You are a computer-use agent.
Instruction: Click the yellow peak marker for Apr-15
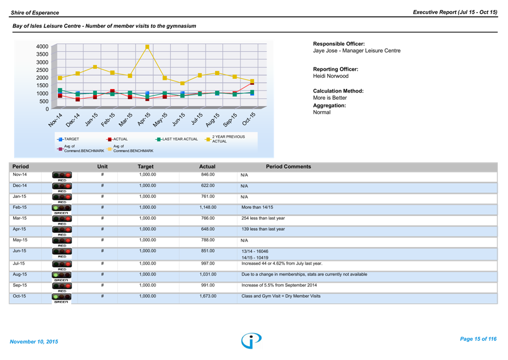[147, 47]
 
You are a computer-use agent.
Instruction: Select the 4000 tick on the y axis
[42, 47]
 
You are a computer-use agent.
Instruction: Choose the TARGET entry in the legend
[69, 139]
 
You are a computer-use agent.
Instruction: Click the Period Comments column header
[288, 167]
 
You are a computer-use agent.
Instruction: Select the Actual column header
[207, 167]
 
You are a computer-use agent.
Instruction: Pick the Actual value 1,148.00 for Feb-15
[207, 208]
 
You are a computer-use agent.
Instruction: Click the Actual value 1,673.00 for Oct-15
[207, 296]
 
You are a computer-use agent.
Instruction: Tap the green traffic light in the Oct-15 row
[55, 296]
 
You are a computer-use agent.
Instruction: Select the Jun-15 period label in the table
[20, 251]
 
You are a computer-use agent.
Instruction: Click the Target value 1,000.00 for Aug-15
[147, 274]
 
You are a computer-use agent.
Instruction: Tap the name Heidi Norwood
[331, 76]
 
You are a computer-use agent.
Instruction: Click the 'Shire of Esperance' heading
[34, 12]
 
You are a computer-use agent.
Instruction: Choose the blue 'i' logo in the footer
[251, 340]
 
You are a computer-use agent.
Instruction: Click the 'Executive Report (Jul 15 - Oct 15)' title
[455, 12]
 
